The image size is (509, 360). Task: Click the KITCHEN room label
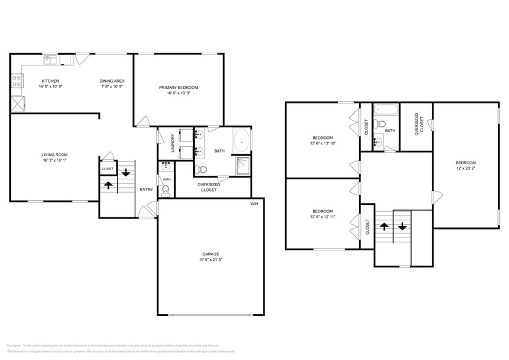tap(50, 81)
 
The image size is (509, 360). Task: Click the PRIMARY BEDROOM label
tap(178, 88)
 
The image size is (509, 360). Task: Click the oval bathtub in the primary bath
tap(242, 140)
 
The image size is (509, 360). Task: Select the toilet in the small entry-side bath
tap(165, 190)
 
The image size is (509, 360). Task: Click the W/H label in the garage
tap(254, 203)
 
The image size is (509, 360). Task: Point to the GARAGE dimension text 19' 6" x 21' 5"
tap(211, 260)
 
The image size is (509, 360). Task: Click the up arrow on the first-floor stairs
tap(108, 184)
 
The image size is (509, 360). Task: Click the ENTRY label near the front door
tap(146, 189)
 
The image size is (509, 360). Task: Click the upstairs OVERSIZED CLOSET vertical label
tap(417, 124)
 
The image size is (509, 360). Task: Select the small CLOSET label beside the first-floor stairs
tap(107, 168)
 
